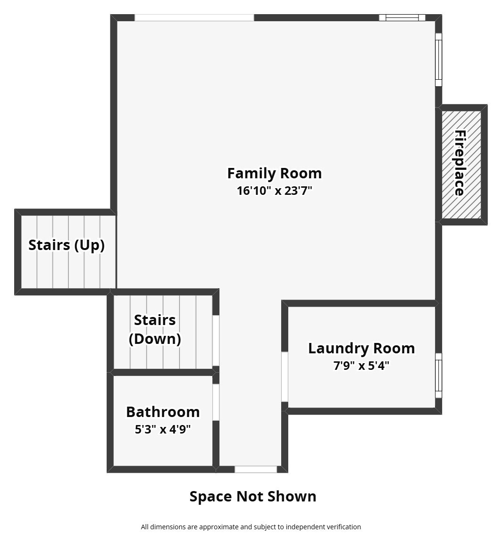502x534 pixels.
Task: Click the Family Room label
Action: tap(275, 173)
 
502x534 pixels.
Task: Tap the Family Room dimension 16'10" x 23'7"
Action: tap(275, 191)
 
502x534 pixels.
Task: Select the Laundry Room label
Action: tap(362, 349)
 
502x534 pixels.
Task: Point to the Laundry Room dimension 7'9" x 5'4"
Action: tap(361, 366)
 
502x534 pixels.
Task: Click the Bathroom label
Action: tap(163, 412)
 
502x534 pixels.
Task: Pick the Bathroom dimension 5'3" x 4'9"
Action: tap(163, 429)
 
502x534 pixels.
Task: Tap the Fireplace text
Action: tap(460, 163)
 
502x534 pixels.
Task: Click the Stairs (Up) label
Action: tap(67, 245)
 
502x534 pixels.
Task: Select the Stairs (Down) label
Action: tap(155, 329)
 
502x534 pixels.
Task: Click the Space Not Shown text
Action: tap(253, 497)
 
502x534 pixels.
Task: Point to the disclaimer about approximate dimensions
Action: tap(251, 527)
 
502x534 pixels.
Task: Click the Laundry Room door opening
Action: tap(284, 376)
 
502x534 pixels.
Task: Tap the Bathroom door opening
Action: tap(216, 402)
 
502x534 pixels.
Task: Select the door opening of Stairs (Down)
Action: tap(216, 341)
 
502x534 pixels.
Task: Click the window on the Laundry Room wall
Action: tap(439, 375)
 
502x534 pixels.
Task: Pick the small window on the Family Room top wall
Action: tap(402, 18)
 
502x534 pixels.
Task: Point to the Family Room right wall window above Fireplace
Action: tap(439, 59)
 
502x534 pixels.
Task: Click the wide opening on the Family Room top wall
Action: tap(194, 18)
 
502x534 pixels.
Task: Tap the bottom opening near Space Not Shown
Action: tap(256, 469)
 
